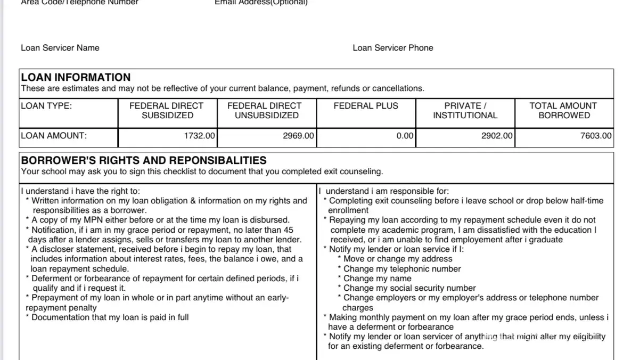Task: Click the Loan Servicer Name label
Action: coord(60,48)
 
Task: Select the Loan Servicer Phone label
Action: coord(393,48)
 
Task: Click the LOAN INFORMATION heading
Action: coord(76,77)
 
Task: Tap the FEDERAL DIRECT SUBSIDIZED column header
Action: coord(167,110)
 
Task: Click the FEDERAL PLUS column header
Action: coord(366,106)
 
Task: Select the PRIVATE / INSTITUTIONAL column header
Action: coord(465,110)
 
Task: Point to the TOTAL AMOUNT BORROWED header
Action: coord(564,110)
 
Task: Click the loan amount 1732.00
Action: coord(199,136)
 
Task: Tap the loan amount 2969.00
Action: coord(298,136)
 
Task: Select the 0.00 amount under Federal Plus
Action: coord(405,136)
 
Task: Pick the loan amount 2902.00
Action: coord(497,136)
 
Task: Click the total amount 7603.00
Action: coord(596,136)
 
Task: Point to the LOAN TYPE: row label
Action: coord(46,106)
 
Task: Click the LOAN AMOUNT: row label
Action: coord(54,136)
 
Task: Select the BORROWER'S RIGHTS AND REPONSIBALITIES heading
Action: coord(144,160)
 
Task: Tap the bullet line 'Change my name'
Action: coord(377,279)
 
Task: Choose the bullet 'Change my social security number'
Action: coord(409,288)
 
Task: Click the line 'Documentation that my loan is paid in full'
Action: coord(110,317)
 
